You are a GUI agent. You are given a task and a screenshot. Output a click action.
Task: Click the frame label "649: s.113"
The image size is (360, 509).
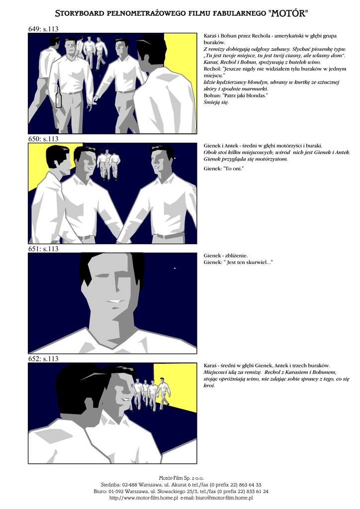(43, 29)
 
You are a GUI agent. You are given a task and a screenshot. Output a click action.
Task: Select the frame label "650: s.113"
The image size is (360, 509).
(43, 139)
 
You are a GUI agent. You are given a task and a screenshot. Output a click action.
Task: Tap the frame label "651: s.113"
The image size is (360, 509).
(43, 249)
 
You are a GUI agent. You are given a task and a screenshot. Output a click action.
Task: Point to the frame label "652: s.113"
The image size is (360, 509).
(43, 359)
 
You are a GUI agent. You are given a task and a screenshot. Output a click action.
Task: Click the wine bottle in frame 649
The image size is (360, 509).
(59, 97)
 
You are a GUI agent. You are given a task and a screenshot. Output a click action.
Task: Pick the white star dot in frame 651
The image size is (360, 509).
(175, 268)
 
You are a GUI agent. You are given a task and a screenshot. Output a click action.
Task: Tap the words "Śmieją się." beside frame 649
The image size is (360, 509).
(216, 102)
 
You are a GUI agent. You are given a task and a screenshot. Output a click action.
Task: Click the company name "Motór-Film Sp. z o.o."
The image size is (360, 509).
(181, 478)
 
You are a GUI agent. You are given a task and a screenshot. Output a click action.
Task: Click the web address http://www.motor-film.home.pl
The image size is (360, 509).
(144, 498)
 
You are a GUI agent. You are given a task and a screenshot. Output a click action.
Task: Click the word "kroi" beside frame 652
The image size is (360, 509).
(209, 386)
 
